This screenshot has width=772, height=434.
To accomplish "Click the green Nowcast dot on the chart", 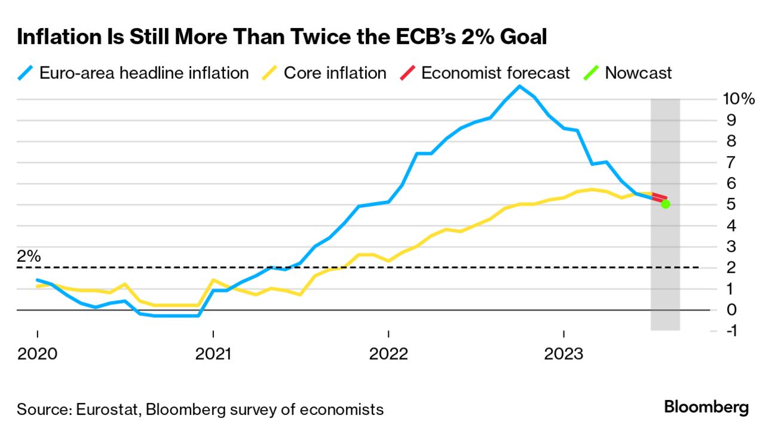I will click(x=666, y=204).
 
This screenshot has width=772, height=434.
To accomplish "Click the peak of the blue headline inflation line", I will click(x=519, y=86).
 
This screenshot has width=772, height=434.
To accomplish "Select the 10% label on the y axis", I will click(x=739, y=99).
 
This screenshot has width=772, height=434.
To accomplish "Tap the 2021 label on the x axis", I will click(x=213, y=354).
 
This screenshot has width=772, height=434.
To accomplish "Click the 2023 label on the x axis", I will click(x=563, y=354).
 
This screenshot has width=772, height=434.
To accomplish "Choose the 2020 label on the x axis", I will click(x=37, y=354).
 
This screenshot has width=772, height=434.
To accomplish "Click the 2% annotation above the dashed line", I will click(x=29, y=256).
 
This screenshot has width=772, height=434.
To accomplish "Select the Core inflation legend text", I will click(x=335, y=73).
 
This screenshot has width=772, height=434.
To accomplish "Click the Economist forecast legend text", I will click(x=495, y=73).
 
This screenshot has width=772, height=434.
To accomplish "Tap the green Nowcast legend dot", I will click(x=592, y=73).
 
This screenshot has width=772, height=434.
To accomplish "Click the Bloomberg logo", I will click(x=706, y=408).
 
